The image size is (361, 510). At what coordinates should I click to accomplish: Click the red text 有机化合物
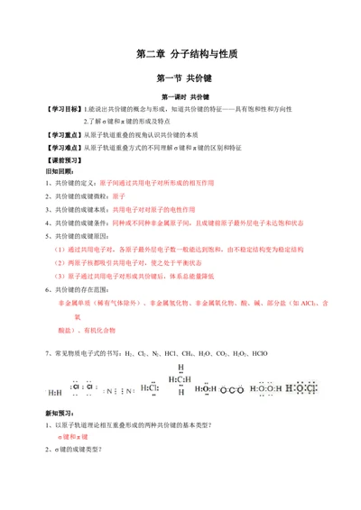click(100, 331)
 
